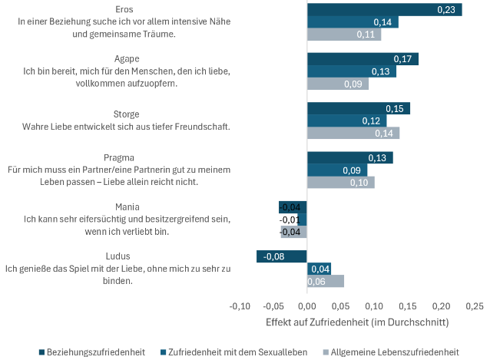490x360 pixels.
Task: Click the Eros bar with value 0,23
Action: click(x=384, y=9)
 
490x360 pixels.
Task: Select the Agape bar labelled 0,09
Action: click(x=337, y=84)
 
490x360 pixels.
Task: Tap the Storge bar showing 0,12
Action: click(x=346, y=121)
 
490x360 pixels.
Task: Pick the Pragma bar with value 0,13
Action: click(x=349, y=157)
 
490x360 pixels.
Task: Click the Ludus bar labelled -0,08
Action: click(x=281, y=256)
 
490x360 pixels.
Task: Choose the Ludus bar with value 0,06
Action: click(x=326, y=281)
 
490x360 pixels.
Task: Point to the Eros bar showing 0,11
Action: click(x=343, y=35)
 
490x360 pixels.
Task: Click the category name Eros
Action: click(x=124, y=9)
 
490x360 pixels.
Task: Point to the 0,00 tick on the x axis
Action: click(x=307, y=306)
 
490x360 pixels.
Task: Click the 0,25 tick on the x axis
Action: click(x=474, y=306)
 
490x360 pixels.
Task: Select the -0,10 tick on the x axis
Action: click(x=240, y=306)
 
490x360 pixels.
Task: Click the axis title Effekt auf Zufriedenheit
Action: click(x=356, y=322)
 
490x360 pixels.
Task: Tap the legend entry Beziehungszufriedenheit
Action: click(x=96, y=352)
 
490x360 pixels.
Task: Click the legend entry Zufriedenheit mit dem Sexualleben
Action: click(x=237, y=352)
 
